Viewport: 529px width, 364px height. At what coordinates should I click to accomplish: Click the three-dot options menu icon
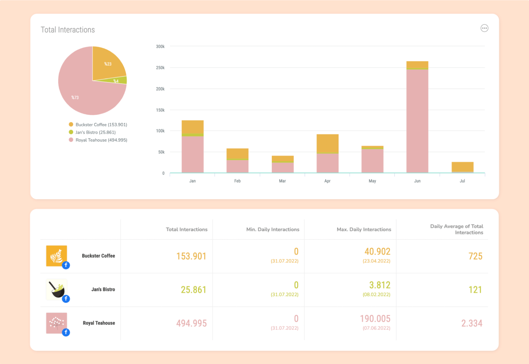pyautogui.click(x=484, y=28)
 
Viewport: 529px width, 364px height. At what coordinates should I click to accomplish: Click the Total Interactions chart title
pyautogui.click(x=68, y=30)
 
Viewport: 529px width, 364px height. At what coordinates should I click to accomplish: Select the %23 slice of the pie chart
pyautogui.click(x=108, y=64)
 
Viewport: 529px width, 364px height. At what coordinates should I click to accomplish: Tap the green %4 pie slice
pyautogui.click(x=119, y=81)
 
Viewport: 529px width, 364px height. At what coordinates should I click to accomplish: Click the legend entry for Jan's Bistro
pyautogui.click(x=95, y=132)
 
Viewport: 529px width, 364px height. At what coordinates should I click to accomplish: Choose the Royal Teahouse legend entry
pyautogui.click(x=101, y=140)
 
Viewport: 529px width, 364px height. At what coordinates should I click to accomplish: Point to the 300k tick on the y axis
pyautogui.click(x=160, y=47)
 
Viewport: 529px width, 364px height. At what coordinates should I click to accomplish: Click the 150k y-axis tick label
pyautogui.click(x=160, y=110)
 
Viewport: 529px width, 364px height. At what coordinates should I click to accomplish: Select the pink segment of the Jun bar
pyautogui.click(x=417, y=121)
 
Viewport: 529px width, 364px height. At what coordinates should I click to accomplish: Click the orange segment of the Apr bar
pyautogui.click(x=327, y=143)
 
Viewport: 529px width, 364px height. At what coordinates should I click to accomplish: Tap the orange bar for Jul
pyautogui.click(x=462, y=166)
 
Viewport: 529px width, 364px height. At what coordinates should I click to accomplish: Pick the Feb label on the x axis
pyautogui.click(x=237, y=181)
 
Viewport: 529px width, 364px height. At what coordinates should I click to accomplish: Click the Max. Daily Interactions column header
pyautogui.click(x=364, y=230)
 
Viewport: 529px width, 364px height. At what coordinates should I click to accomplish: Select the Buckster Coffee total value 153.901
pyautogui.click(x=191, y=256)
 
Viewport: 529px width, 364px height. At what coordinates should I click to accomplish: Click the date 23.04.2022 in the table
pyautogui.click(x=376, y=261)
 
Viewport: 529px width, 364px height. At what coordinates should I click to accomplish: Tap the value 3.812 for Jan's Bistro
pyautogui.click(x=380, y=285)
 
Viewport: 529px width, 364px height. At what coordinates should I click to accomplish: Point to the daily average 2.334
pyautogui.click(x=471, y=323)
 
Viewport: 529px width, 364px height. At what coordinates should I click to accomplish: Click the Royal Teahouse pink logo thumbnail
pyautogui.click(x=56, y=322)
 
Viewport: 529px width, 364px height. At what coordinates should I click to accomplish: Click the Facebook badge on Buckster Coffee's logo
pyautogui.click(x=66, y=265)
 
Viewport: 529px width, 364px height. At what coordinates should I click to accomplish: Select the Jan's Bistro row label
pyautogui.click(x=103, y=290)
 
